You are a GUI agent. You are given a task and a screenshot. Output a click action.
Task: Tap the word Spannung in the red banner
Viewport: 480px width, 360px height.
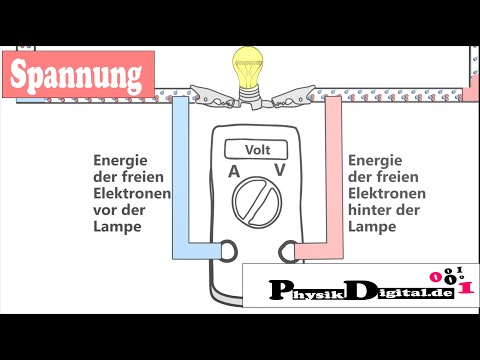78,74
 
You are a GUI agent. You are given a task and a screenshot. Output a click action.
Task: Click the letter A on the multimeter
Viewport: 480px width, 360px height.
233,172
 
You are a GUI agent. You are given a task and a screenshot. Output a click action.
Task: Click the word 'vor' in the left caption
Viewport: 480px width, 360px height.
105,210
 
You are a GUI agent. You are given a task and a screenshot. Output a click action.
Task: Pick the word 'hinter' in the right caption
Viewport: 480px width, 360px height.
370,210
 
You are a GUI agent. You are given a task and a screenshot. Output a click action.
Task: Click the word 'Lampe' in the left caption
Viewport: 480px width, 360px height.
116,227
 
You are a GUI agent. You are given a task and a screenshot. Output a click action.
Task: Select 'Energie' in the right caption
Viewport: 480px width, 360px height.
374,159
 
